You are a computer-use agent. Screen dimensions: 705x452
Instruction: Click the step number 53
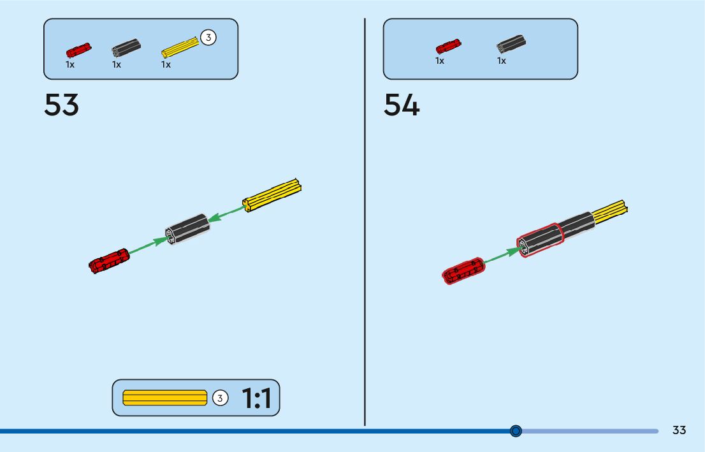click(x=61, y=105)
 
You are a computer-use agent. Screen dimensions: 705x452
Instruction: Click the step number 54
click(x=402, y=105)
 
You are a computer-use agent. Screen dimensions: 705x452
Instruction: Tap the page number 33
click(x=679, y=430)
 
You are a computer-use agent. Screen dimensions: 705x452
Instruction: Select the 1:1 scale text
click(x=256, y=398)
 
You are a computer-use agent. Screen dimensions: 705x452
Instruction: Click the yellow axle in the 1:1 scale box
click(x=164, y=398)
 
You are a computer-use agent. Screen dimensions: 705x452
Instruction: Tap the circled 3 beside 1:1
click(x=219, y=398)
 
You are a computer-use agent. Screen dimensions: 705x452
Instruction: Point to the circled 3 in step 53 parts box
click(x=208, y=38)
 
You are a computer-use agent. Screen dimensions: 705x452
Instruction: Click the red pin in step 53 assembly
click(x=109, y=261)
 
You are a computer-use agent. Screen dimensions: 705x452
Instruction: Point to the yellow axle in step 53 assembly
click(x=272, y=194)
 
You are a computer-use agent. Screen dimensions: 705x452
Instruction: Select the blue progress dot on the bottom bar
click(x=516, y=431)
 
